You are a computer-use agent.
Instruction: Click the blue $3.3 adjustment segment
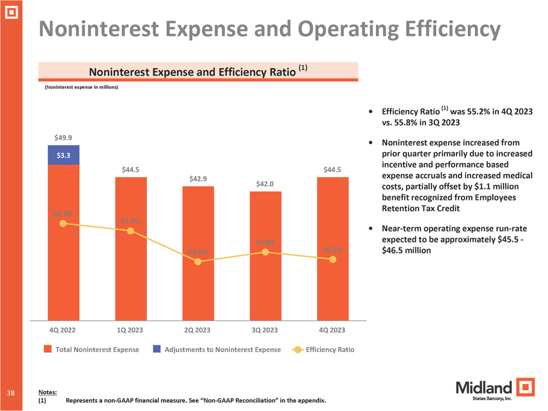(x=63, y=155)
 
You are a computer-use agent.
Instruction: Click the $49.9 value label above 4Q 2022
(x=63, y=138)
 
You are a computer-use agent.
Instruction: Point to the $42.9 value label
(x=198, y=179)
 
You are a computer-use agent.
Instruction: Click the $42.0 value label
(x=265, y=184)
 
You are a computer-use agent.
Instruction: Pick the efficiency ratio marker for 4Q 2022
(x=63, y=224)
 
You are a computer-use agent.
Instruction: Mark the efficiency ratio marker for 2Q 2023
(x=198, y=262)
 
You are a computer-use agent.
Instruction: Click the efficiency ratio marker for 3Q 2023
(x=265, y=252)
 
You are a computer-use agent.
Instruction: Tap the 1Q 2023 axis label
(x=131, y=330)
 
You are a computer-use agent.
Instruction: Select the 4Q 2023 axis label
(x=333, y=330)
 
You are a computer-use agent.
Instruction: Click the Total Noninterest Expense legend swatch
(x=48, y=350)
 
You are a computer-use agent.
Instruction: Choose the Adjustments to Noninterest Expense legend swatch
(x=156, y=350)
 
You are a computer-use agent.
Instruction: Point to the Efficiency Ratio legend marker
(x=297, y=350)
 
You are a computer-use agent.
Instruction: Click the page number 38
(x=11, y=392)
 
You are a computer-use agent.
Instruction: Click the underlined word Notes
(x=47, y=392)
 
